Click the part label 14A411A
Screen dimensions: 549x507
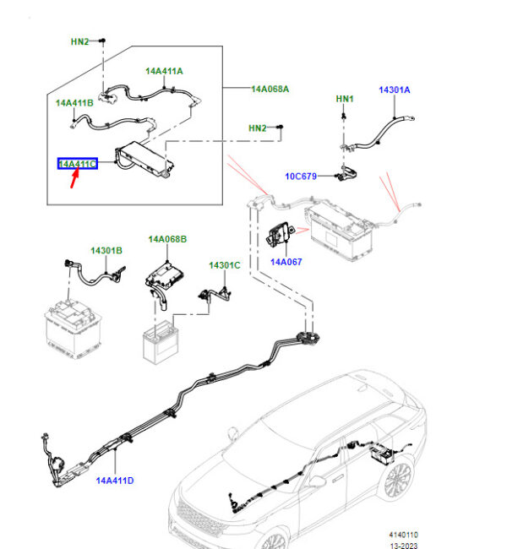pyautogui.click(x=164, y=72)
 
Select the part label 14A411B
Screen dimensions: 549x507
pyautogui.click(x=74, y=103)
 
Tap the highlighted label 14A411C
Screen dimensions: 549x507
pyautogui.click(x=77, y=163)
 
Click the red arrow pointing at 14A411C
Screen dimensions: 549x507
pyautogui.click(x=75, y=179)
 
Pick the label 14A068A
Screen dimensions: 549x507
pyautogui.click(x=270, y=89)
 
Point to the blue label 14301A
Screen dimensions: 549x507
pyautogui.click(x=395, y=90)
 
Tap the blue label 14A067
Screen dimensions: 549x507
pyautogui.click(x=286, y=262)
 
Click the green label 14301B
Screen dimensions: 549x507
pyautogui.click(x=107, y=251)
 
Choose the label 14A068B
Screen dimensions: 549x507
pyautogui.click(x=168, y=240)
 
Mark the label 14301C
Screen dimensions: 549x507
pyautogui.click(x=225, y=265)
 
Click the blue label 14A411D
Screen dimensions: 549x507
pyautogui.click(x=115, y=481)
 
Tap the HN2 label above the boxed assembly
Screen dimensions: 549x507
pyautogui.click(x=79, y=41)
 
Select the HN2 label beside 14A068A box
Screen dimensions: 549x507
pyautogui.click(x=258, y=128)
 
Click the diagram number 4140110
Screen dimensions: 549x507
pyautogui.click(x=404, y=535)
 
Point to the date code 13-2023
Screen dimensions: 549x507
pyautogui.click(x=405, y=546)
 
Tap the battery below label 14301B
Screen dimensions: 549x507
pyautogui.click(x=73, y=330)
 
